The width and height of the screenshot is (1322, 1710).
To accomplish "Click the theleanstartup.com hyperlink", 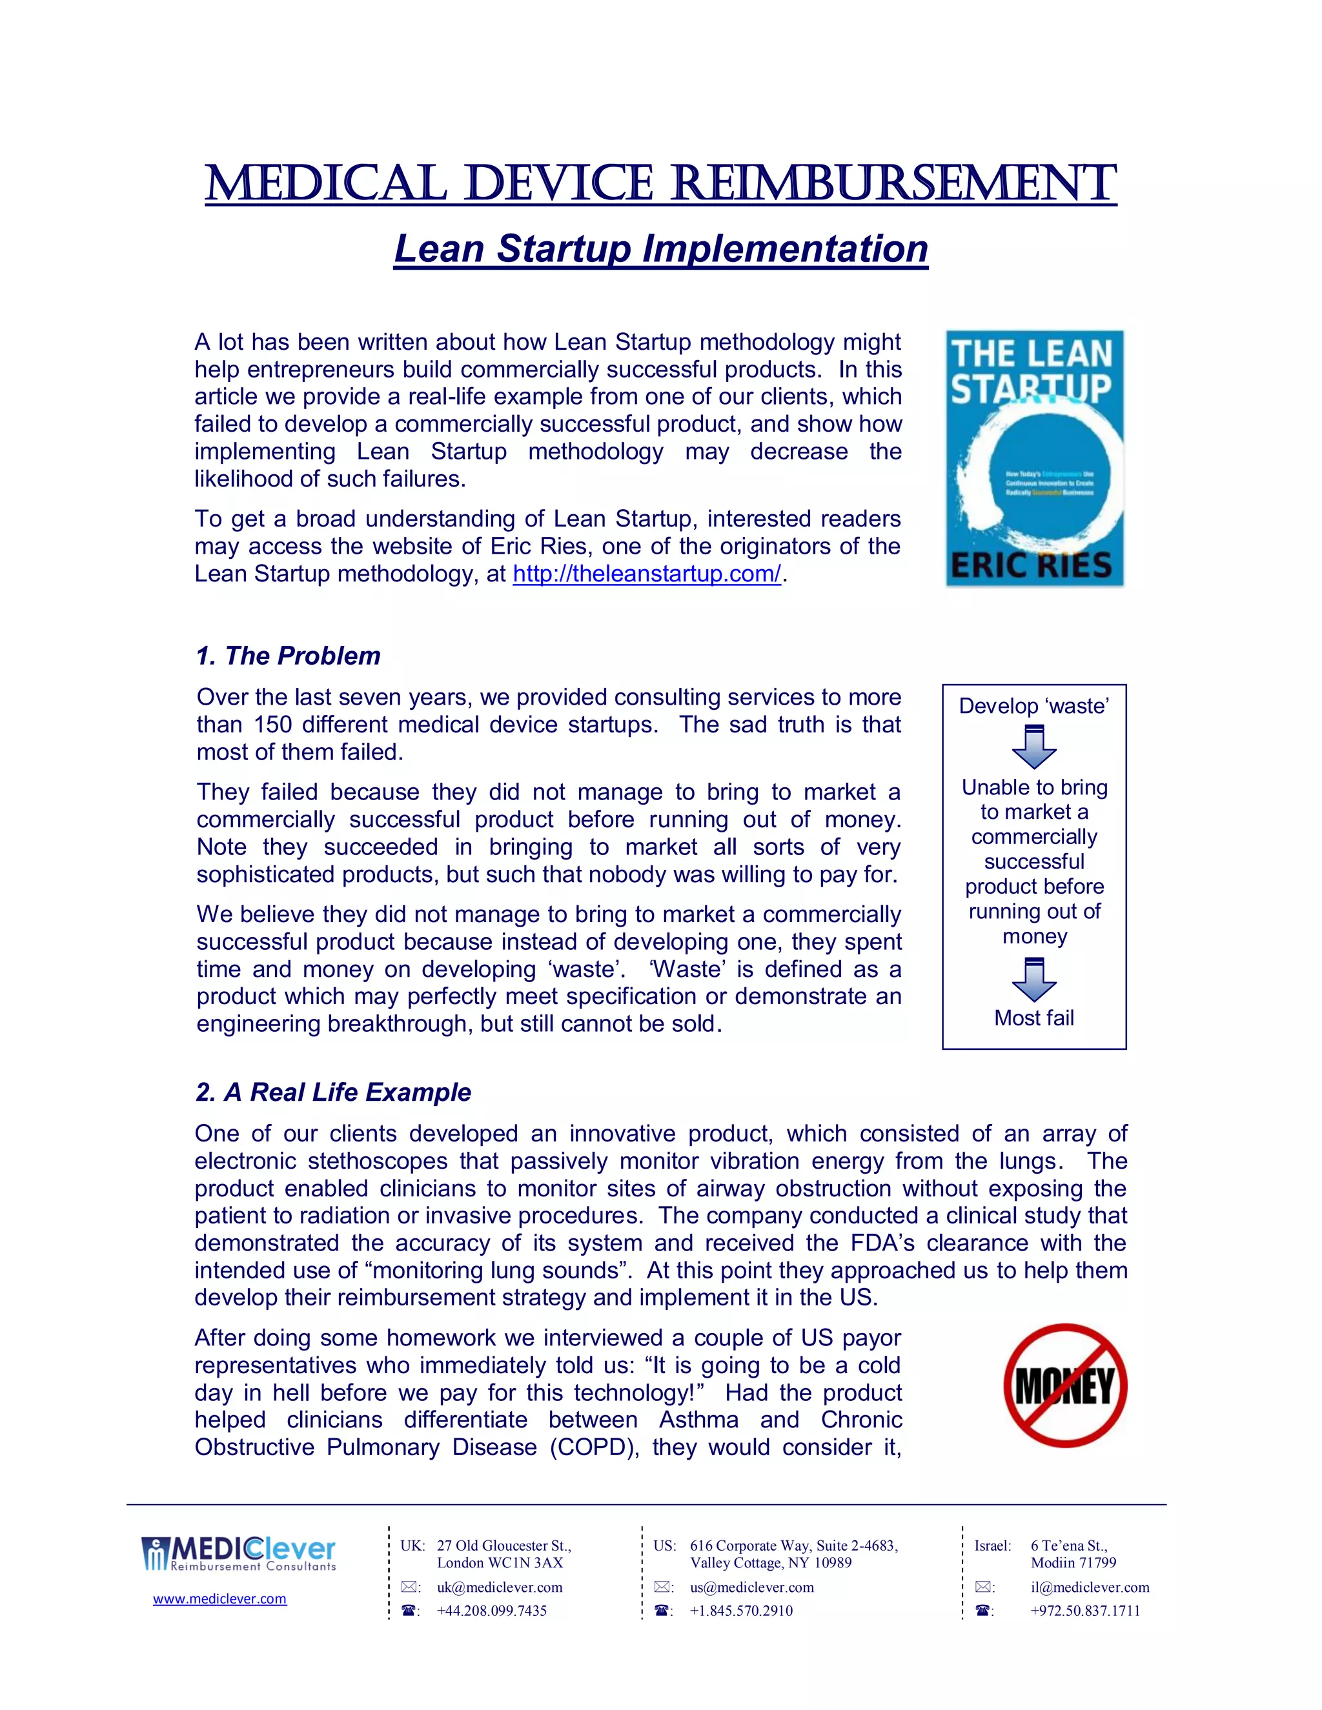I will pyautogui.click(x=646, y=574).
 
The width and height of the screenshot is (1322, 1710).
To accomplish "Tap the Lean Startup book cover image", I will pyautogui.click(x=1034, y=458).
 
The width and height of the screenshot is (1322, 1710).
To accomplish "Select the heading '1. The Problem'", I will pyautogui.click(x=288, y=656).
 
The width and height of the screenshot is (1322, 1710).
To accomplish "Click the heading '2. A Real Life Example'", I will pyautogui.click(x=333, y=1092).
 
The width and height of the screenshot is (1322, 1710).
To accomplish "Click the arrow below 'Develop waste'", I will pyautogui.click(x=1034, y=747).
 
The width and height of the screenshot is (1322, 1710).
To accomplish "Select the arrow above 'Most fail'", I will pyautogui.click(x=1034, y=980).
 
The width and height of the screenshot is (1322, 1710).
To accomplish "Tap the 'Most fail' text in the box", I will pyautogui.click(x=1034, y=1018).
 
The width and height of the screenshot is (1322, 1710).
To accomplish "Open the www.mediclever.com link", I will pyautogui.click(x=219, y=1599).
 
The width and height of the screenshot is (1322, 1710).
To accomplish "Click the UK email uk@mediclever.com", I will pyautogui.click(x=500, y=1587).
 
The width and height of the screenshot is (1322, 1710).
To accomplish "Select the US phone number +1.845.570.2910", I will pyautogui.click(x=741, y=1611).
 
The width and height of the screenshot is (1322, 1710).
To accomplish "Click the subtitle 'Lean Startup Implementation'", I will pyautogui.click(x=660, y=249).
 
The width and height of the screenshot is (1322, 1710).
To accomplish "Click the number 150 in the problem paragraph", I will pyautogui.click(x=272, y=724).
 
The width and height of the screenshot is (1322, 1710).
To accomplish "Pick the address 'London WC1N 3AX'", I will pyautogui.click(x=500, y=1563).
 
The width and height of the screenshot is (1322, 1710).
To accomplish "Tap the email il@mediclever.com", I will pyautogui.click(x=1090, y=1587).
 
